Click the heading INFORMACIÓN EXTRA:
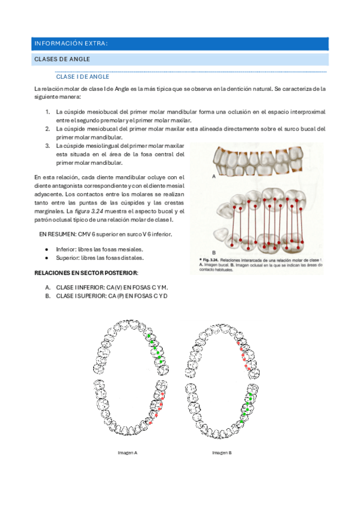71,43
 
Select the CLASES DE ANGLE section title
63,59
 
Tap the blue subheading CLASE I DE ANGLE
82,77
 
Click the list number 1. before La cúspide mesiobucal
48,112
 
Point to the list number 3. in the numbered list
48,146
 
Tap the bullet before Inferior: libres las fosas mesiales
47,248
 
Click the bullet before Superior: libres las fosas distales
47,257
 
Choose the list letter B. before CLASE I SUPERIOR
48,295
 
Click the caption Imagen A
128,452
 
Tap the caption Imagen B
221,452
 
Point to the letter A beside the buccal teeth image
213,177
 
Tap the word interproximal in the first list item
308,112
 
